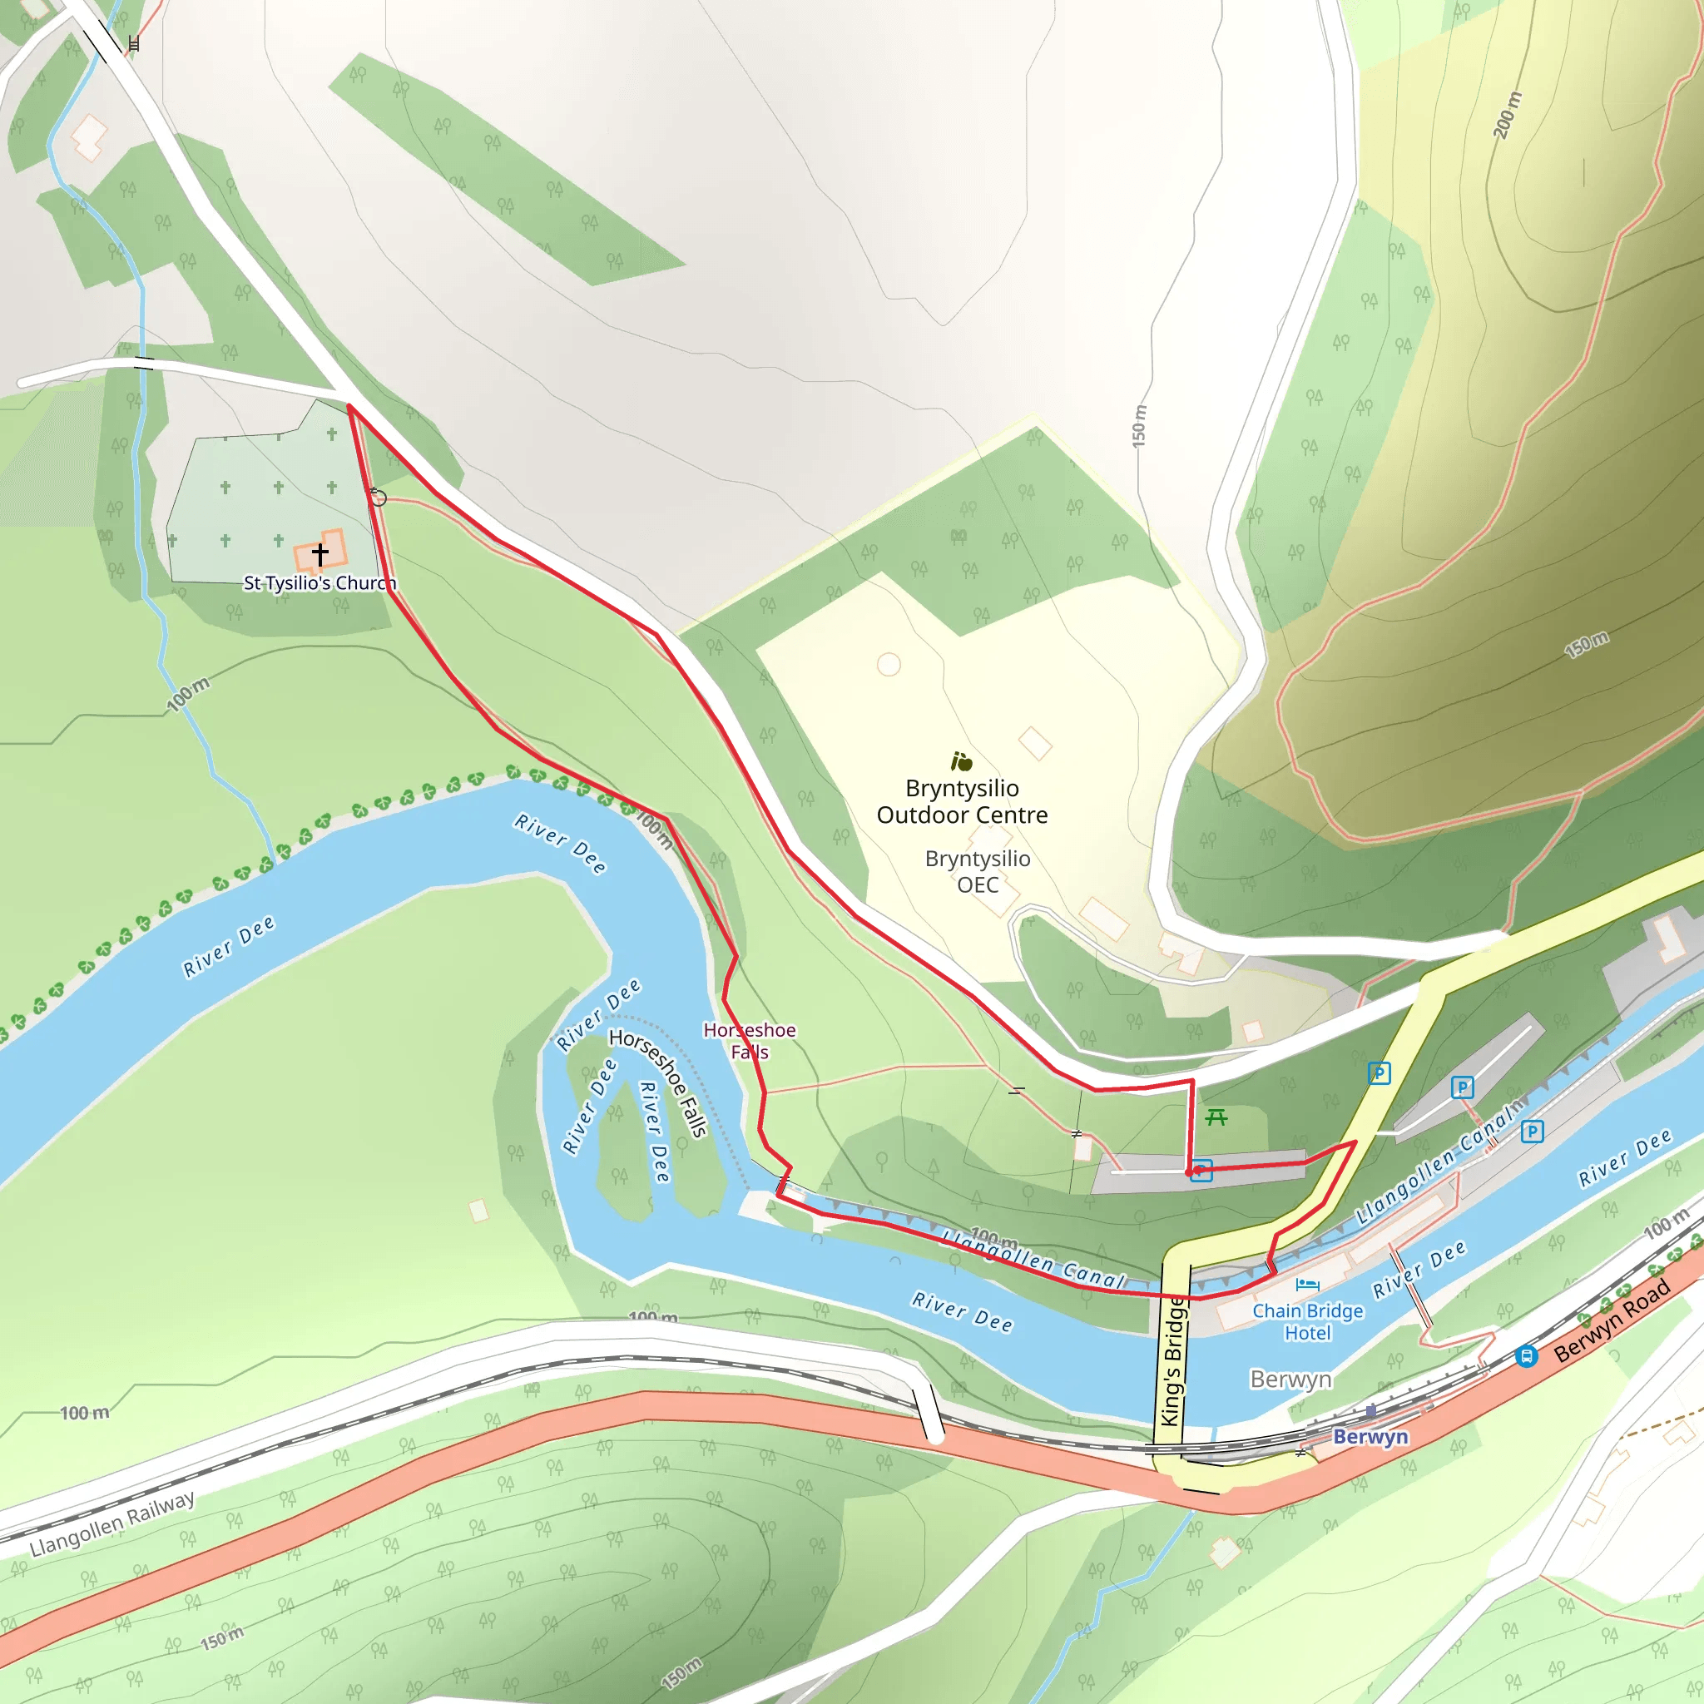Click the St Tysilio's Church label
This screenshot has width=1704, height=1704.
[319, 583]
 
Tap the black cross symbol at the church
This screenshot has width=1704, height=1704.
[320, 553]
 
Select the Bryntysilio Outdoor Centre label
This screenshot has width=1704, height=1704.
[963, 801]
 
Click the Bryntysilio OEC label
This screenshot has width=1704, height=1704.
[978, 871]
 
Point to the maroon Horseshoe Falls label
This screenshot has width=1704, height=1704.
[750, 1041]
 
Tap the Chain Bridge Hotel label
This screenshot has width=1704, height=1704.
[1307, 1321]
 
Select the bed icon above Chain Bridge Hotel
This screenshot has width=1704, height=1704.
[1307, 1284]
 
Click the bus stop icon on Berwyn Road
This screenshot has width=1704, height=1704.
[1527, 1356]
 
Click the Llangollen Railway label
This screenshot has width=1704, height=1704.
[112, 1523]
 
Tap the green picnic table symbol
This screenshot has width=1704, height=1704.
[1216, 1117]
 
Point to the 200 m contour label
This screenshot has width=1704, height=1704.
[1508, 115]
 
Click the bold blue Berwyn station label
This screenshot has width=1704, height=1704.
[1370, 1437]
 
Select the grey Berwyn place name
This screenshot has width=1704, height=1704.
[1290, 1379]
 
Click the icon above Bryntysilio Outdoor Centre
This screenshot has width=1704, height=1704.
[961, 761]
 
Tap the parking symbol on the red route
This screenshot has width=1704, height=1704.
[1201, 1171]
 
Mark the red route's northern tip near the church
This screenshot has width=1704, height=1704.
[349, 407]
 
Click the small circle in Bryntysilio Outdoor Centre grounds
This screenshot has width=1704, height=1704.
[888, 664]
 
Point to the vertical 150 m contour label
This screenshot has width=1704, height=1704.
[1140, 425]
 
